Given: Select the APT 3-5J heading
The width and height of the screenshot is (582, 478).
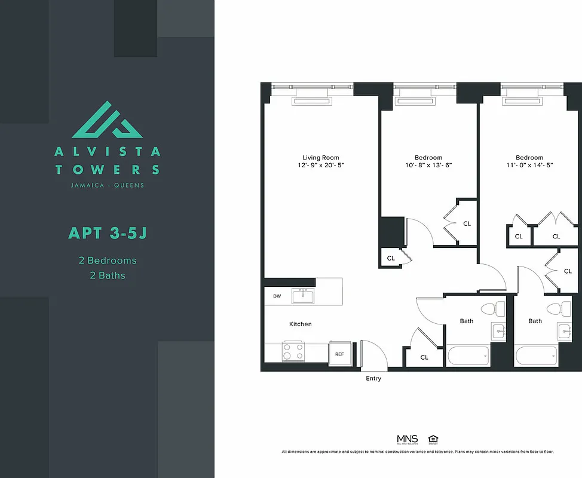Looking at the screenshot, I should [108, 232].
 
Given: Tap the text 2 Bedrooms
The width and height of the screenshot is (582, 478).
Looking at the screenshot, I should [108, 261].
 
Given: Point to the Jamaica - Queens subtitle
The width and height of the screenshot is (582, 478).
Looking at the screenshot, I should [108, 185].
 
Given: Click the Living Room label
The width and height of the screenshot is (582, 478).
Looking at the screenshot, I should [321, 158].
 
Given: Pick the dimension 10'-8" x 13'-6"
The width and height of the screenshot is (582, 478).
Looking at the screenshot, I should [428, 165].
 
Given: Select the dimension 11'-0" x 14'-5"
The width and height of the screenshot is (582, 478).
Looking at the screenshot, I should [529, 165].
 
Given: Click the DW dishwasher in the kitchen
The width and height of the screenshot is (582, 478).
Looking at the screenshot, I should [277, 296].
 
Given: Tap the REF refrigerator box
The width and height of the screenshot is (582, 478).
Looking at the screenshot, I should [339, 354].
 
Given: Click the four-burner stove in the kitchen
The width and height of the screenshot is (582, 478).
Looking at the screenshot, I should [293, 351].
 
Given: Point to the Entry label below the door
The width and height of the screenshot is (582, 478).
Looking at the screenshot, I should [373, 378].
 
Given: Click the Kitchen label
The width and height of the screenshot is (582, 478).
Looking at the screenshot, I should [301, 324].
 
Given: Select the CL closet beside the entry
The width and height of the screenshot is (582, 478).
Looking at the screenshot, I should [424, 357].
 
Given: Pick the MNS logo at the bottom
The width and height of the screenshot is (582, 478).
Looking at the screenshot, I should [408, 439].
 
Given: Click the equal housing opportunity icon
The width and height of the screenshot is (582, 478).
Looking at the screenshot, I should [433, 439].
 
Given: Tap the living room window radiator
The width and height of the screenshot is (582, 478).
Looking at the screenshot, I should [311, 102].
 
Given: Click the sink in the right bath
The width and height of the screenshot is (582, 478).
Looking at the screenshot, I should [565, 330].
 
